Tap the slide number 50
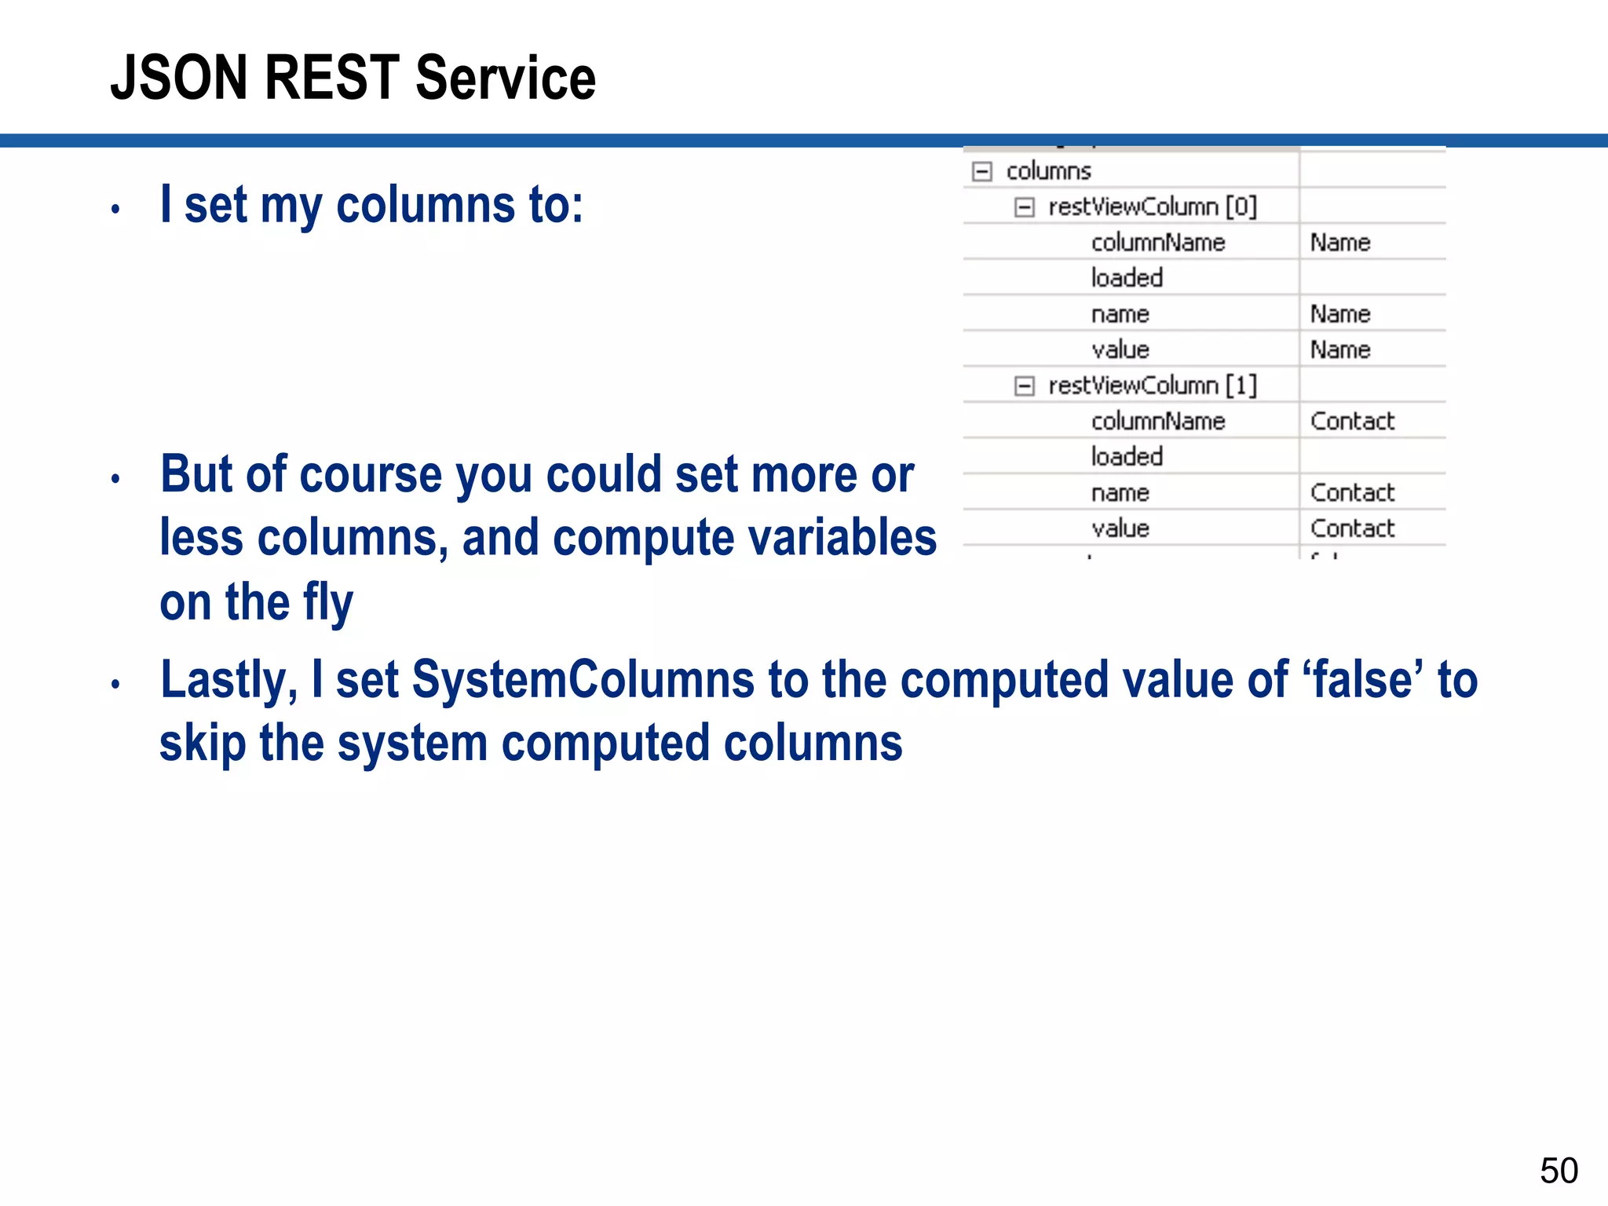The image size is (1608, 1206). click(x=1559, y=1171)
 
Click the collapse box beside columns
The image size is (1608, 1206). click(x=982, y=171)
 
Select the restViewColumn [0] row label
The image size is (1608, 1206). click(x=1152, y=207)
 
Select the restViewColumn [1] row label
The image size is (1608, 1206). click(x=1152, y=386)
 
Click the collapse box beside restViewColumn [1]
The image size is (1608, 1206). click(x=1025, y=386)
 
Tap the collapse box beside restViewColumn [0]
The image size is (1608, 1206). click(x=1025, y=207)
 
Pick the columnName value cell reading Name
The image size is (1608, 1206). click(x=1340, y=243)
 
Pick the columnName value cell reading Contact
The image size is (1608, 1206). click(x=1352, y=422)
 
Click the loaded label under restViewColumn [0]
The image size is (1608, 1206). click(x=1127, y=278)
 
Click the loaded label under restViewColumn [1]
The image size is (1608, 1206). click(x=1127, y=457)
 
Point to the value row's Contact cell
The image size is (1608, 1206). click(x=1352, y=528)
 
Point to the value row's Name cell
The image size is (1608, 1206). click(x=1340, y=350)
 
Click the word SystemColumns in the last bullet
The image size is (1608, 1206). click(x=583, y=680)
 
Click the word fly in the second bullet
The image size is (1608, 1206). click(x=327, y=603)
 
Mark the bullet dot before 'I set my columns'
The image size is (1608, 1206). click(x=115, y=210)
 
